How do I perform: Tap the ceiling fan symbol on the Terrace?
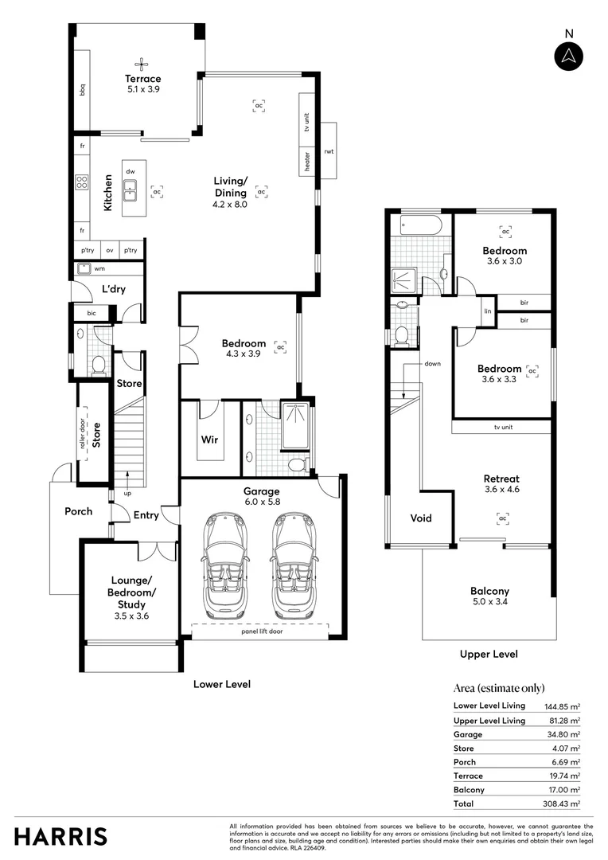click(x=142, y=64)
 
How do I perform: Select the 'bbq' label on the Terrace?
click(x=82, y=90)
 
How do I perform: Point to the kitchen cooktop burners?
click(x=81, y=182)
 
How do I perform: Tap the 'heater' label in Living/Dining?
click(x=306, y=162)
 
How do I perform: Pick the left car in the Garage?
click(x=224, y=566)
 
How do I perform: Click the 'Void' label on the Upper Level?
click(x=421, y=518)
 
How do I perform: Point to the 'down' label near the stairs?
click(x=432, y=363)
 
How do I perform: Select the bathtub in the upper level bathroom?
click(x=421, y=225)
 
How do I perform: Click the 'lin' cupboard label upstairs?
click(x=487, y=311)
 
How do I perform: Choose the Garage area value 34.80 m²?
click(x=562, y=734)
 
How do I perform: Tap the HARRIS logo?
click(x=61, y=836)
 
